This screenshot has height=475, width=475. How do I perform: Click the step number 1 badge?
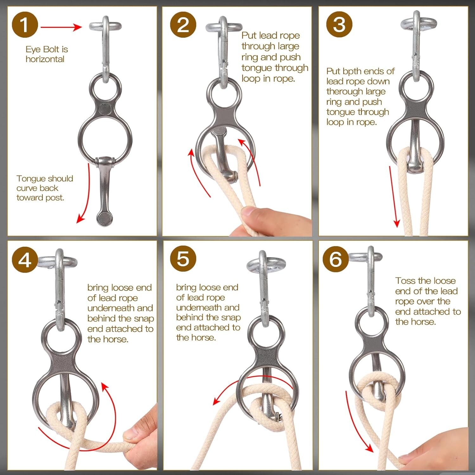(x=25, y=25)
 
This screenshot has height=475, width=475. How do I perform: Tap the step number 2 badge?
(x=183, y=25)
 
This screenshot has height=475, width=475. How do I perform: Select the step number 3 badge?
(x=339, y=25)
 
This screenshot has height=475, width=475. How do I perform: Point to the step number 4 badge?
(x=25, y=260)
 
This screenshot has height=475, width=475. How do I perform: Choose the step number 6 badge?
(x=336, y=259)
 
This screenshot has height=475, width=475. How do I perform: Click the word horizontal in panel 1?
(x=45, y=59)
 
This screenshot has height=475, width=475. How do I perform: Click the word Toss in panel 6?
(x=405, y=281)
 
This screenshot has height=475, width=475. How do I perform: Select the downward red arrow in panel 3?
(x=394, y=196)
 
